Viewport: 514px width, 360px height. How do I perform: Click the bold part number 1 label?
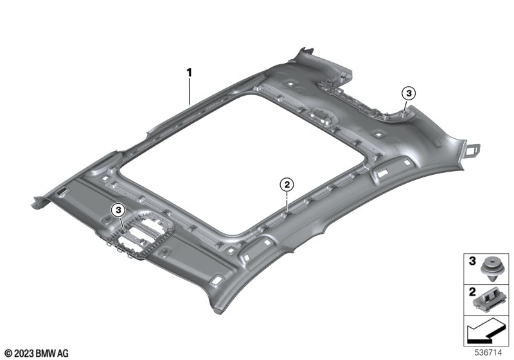point(189,73)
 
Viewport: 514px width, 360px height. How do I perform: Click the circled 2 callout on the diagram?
point(287,185)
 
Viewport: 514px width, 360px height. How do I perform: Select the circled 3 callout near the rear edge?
point(409,93)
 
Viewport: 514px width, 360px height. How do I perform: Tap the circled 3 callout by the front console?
point(118,210)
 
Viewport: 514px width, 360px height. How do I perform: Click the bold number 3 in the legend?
point(472,261)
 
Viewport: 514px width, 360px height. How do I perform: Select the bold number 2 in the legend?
point(472,291)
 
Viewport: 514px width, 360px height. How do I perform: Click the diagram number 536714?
point(488,352)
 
